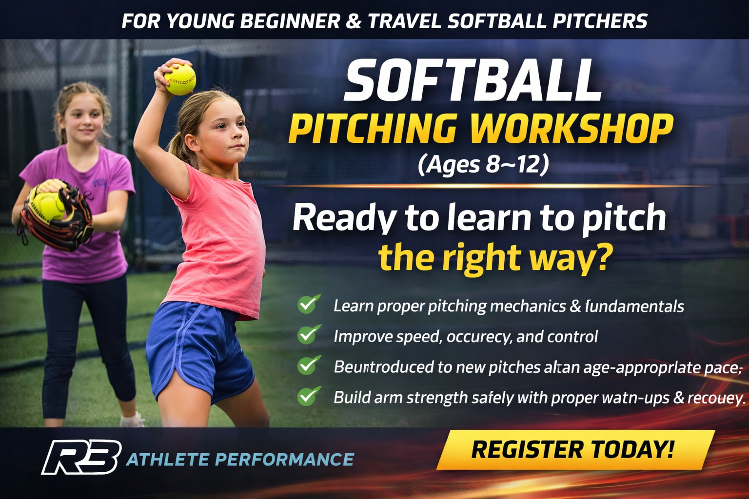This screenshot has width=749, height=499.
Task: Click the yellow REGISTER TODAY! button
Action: coord(574,450)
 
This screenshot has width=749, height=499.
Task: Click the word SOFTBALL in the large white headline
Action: coord(472,80)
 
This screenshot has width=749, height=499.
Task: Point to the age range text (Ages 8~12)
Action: coord(483,164)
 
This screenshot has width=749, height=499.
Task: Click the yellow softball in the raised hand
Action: coord(180,79)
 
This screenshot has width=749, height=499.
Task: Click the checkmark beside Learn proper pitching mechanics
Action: coord(309,304)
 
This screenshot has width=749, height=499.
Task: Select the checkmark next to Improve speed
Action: coord(309,335)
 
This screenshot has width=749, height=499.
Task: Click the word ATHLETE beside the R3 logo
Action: coord(167,460)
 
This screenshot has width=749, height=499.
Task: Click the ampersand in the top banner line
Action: coord(354,21)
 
